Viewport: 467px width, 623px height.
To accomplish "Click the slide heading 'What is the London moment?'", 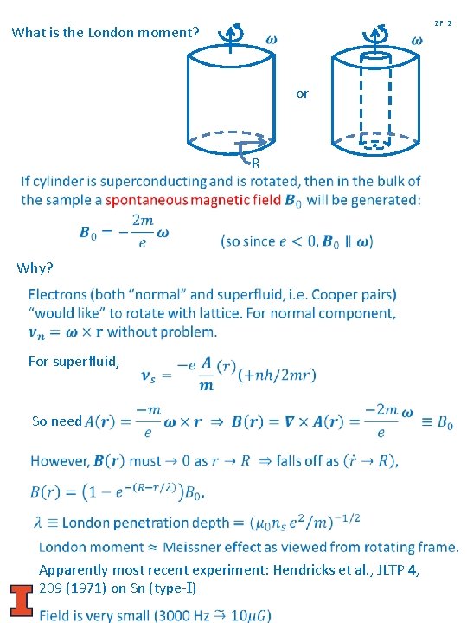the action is click(x=106, y=34).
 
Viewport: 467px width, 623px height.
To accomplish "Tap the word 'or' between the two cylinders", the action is click(x=302, y=93).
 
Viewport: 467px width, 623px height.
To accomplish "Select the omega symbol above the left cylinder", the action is click(x=272, y=39).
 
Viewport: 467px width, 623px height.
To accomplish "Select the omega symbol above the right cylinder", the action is click(x=416, y=40).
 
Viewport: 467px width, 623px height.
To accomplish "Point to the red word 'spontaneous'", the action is click(x=146, y=200).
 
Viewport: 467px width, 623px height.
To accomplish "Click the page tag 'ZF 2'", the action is click(x=444, y=22).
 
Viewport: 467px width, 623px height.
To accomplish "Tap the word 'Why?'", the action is click(x=35, y=267).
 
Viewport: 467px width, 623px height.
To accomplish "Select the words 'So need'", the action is click(x=56, y=421).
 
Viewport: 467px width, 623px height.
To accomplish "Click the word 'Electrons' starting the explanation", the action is click(x=58, y=294).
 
